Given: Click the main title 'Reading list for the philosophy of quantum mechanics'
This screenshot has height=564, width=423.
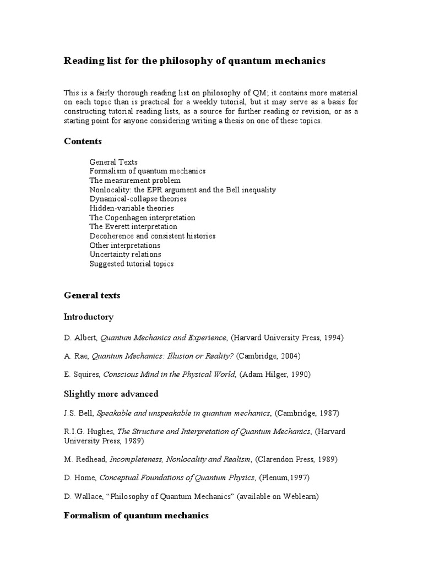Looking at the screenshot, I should [x=194, y=61].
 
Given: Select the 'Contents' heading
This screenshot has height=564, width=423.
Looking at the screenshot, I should [x=83, y=141].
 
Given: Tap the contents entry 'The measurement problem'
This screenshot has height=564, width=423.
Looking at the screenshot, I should [x=135, y=180].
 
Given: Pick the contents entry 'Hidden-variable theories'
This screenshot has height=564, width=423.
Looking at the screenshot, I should [x=132, y=208].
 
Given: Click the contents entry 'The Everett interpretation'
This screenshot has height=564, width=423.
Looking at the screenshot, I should [x=133, y=226].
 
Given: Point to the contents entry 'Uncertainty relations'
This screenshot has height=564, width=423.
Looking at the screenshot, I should [x=125, y=254].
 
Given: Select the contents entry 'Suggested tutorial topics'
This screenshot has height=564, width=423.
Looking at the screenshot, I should [x=132, y=264].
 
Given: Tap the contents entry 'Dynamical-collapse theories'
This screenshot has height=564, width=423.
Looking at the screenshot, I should [x=138, y=199].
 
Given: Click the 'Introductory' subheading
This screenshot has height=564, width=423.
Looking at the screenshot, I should [x=89, y=317].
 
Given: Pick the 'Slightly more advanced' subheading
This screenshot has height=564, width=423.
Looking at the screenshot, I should [x=111, y=394].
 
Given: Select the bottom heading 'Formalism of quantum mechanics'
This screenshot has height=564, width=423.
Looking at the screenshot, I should [x=136, y=516].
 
